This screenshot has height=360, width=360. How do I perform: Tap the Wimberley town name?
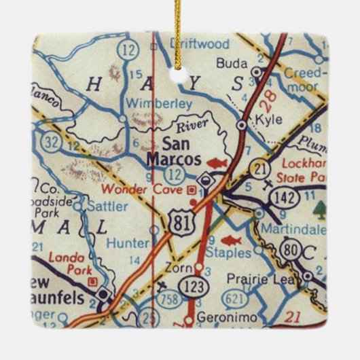coord(150,103)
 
